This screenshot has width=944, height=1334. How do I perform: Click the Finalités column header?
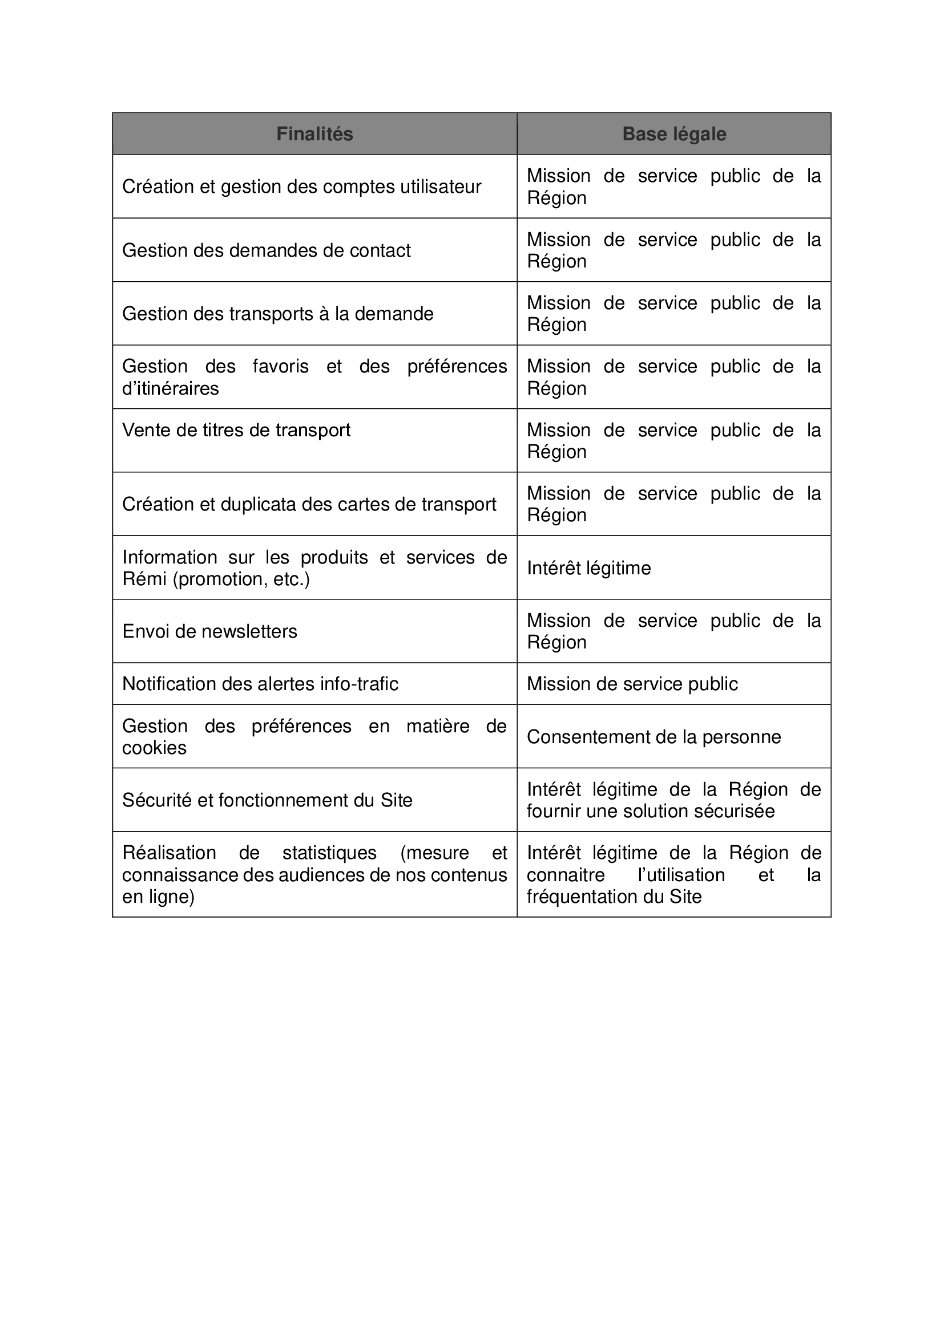coord(314,134)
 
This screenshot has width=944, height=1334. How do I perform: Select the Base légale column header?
coord(673,134)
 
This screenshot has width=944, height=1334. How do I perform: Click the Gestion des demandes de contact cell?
coord(266,250)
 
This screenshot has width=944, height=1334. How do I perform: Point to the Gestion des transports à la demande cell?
coord(278,314)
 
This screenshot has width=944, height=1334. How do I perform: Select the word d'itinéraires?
coord(170,388)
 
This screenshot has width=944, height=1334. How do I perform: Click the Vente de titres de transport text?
coord(236,430)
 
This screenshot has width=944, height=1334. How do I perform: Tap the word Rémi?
coord(144,579)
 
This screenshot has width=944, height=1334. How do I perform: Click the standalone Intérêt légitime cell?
coord(588,567)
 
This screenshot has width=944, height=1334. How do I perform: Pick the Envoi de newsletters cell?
coord(209,631)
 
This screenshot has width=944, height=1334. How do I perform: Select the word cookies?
coord(154,748)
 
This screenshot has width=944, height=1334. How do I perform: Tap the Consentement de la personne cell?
coord(653,737)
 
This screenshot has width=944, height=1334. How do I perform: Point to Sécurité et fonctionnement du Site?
coord(267,800)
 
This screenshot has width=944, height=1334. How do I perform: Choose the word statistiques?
coord(329,853)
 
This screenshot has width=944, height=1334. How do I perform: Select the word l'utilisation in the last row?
coord(681,875)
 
